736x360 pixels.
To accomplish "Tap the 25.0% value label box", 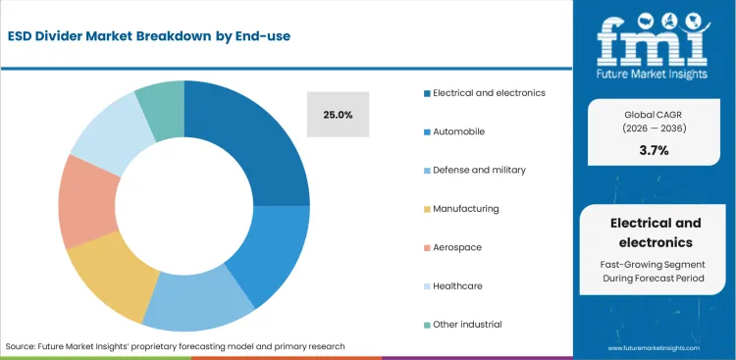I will (x=338, y=114).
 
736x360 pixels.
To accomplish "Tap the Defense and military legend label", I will (x=479, y=170).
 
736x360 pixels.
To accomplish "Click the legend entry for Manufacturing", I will (x=466, y=208).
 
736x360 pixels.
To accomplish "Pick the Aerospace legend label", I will (x=456, y=247).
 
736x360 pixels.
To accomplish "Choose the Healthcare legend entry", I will (x=458, y=285).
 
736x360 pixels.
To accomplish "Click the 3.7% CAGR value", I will (x=654, y=150).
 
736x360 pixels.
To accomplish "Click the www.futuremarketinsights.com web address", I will (x=655, y=348).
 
